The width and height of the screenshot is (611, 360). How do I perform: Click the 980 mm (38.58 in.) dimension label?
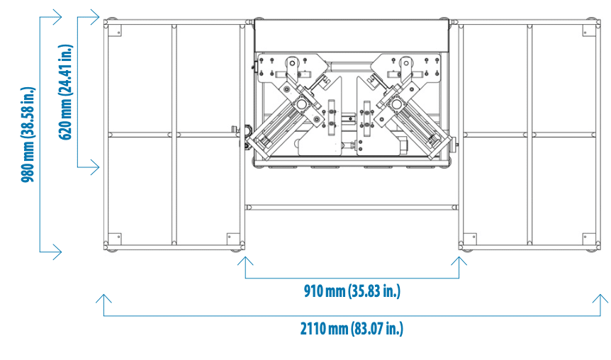coord(28,134)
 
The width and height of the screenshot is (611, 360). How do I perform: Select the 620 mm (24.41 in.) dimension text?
coord(65,92)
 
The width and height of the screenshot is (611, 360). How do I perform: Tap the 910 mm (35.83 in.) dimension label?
coord(352,291)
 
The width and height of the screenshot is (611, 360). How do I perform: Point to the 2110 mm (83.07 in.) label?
coord(352,328)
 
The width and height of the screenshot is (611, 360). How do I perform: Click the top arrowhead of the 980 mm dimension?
coord(57,17)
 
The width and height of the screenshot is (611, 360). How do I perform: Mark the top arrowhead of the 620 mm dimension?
coord(95,17)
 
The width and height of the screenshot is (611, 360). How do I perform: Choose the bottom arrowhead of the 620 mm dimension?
coord(95,167)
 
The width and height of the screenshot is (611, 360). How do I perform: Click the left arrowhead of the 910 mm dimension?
coord(245,260)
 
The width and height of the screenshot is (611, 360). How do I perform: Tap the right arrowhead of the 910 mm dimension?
coord(459,260)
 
